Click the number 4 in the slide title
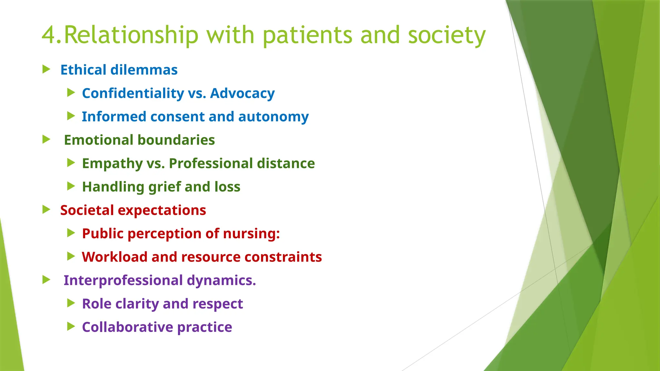[x=49, y=35]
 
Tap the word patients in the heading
[x=307, y=35]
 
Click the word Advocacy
[x=242, y=93]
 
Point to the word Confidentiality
[x=133, y=93]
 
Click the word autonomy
[x=273, y=117]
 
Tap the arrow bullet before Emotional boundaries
[x=46, y=139]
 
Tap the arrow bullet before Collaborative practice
[x=71, y=327]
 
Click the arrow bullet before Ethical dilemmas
[x=46, y=69]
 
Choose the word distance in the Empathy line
[x=286, y=164]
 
